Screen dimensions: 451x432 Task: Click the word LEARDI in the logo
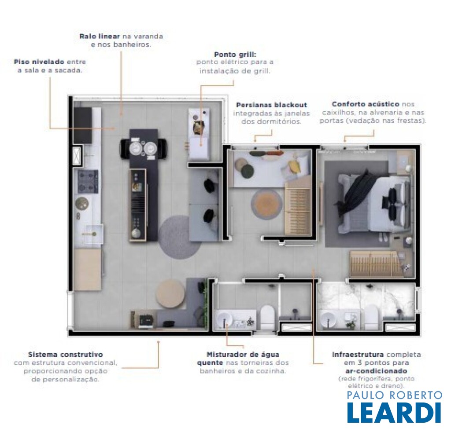pos(394,412)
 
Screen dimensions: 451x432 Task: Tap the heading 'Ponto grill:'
pos(235,54)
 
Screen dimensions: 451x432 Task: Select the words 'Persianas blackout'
pos(271,105)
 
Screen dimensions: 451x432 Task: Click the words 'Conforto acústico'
pos(365,104)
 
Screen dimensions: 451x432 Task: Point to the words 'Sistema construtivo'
pos(66,355)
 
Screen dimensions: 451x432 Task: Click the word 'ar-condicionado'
pos(376,370)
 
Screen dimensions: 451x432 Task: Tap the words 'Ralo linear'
pos(100,36)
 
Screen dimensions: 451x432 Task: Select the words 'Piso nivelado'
pos(39,62)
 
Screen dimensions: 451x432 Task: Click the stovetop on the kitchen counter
pos(88,181)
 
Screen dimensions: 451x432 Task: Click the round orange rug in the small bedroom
pos(266,204)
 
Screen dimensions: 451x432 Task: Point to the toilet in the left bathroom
pos(267,317)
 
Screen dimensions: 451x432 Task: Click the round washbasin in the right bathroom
pos(328,320)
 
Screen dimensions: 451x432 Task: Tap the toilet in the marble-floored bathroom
pos(371,317)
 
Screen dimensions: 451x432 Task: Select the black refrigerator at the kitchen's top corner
pos(82,125)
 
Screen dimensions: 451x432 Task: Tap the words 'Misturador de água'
pos(243,355)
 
